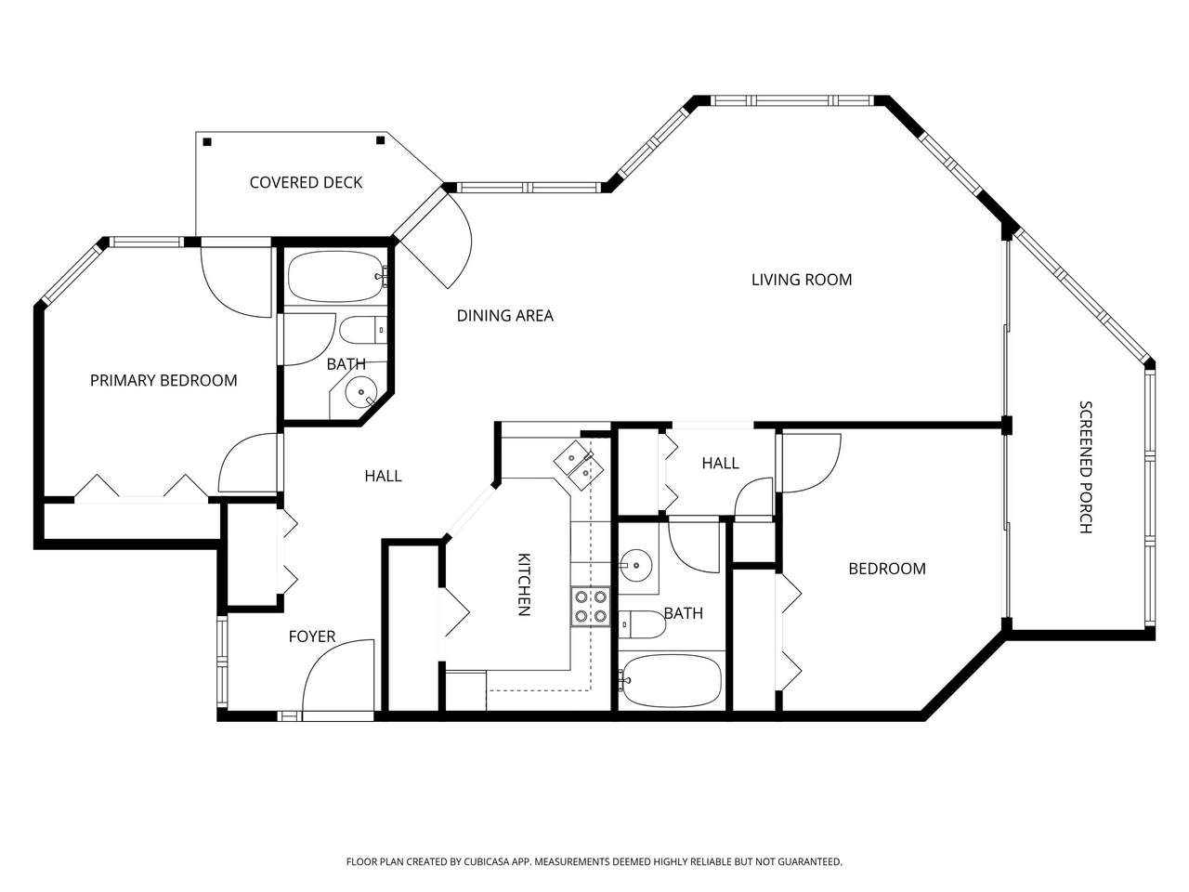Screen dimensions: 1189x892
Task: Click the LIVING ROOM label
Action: pos(801,280)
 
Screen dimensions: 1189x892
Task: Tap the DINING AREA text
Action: pos(504,315)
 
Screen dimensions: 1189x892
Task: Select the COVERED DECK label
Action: pos(306,182)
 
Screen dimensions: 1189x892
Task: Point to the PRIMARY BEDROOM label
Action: pos(163,380)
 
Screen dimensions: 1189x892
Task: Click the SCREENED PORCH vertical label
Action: pos(1086,466)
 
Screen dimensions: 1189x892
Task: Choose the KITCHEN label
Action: pos(524,584)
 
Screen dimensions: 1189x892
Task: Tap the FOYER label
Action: pos(312,636)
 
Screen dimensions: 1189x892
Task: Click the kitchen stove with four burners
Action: pos(591,607)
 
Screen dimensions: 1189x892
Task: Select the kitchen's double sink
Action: pos(579,465)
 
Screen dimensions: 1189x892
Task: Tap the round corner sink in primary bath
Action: pos(360,392)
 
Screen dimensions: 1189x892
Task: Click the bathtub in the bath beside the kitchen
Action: pos(671,681)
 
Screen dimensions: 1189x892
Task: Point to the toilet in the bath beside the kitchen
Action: pos(642,624)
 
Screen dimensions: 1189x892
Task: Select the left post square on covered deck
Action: pos(207,142)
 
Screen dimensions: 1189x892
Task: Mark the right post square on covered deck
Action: pos(380,140)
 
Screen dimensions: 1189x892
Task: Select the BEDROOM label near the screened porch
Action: pos(887,568)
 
